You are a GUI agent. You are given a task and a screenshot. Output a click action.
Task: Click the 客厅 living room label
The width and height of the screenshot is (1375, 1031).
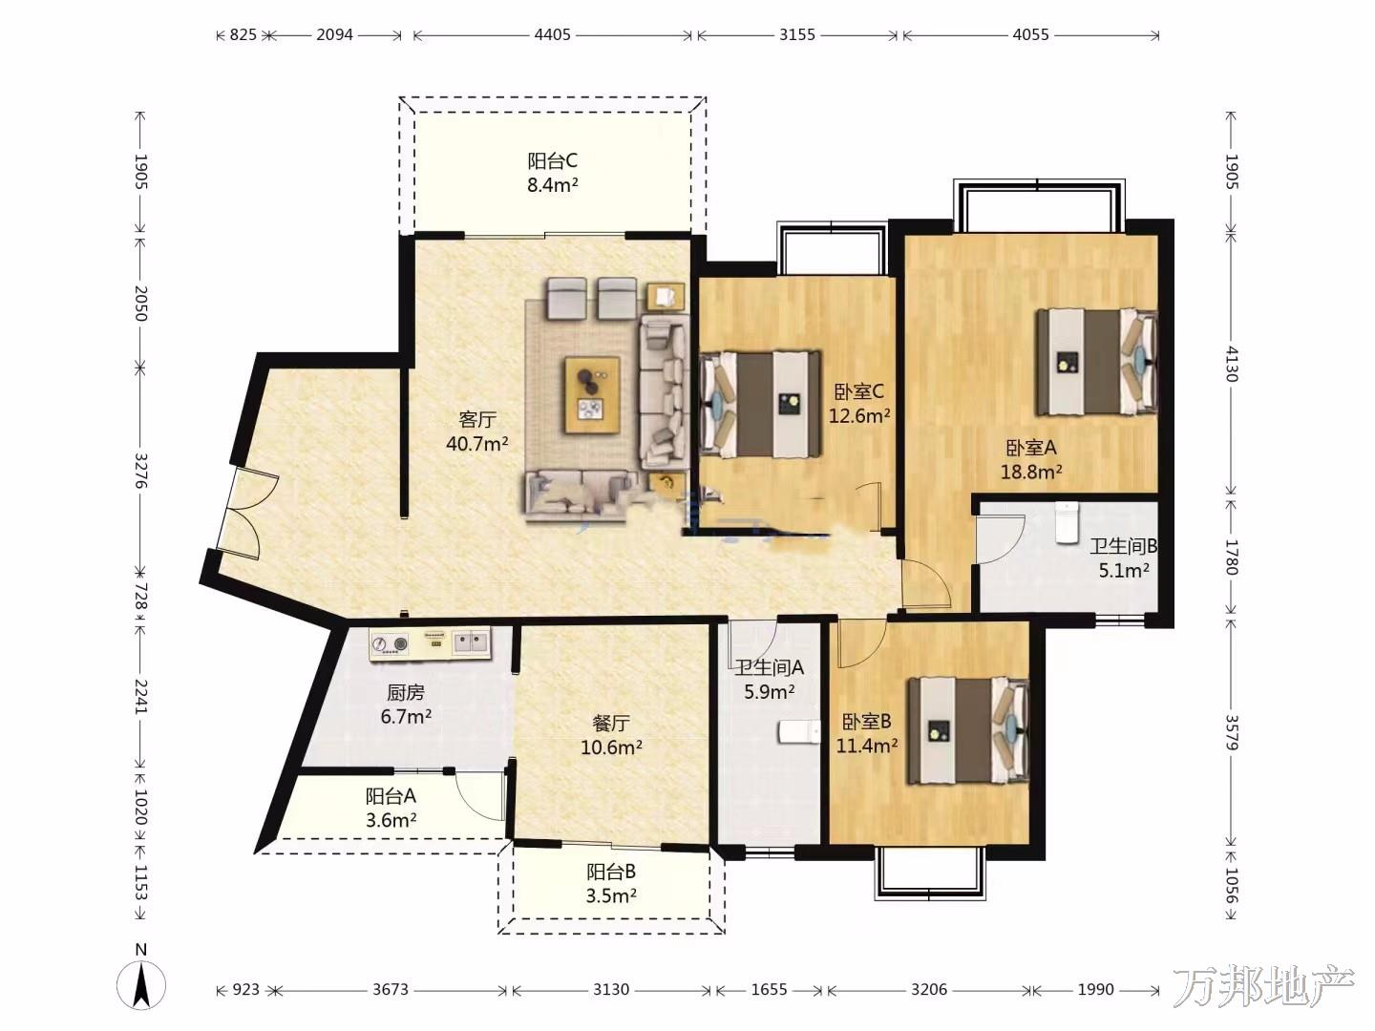[477, 418]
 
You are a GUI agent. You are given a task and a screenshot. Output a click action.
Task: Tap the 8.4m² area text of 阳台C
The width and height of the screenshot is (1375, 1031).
[552, 185]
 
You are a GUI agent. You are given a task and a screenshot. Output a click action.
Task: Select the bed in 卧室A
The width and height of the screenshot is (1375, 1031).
[1096, 362]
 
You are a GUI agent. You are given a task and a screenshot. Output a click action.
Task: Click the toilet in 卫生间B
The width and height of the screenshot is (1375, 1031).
[1067, 522]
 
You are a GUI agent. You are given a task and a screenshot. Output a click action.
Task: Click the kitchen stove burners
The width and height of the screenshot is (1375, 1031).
[389, 642]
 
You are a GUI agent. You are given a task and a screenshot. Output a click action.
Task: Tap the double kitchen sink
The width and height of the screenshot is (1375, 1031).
[471, 642]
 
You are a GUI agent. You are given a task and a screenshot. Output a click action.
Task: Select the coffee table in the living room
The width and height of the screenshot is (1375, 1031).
[592, 394]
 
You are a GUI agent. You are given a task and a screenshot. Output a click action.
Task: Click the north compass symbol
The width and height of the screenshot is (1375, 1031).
[141, 984]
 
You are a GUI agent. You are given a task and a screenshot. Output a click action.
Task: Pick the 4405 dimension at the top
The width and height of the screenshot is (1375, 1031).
[552, 35]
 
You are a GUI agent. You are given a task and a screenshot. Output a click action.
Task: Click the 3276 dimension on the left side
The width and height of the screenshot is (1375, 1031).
[140, 470]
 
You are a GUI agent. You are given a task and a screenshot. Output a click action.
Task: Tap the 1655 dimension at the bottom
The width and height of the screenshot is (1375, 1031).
[769, 990]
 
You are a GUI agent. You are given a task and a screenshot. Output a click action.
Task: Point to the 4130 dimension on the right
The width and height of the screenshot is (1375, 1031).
[1231, 363]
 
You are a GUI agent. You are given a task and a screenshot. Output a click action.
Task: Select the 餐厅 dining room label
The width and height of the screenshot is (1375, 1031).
[611, 723]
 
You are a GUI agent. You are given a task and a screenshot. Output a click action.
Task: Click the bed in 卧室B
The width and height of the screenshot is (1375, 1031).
[968, 730]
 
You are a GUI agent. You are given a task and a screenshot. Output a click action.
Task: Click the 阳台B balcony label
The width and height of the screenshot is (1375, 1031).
[611, 872]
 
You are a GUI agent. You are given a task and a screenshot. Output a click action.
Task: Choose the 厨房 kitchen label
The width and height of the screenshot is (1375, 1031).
[405, 692]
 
